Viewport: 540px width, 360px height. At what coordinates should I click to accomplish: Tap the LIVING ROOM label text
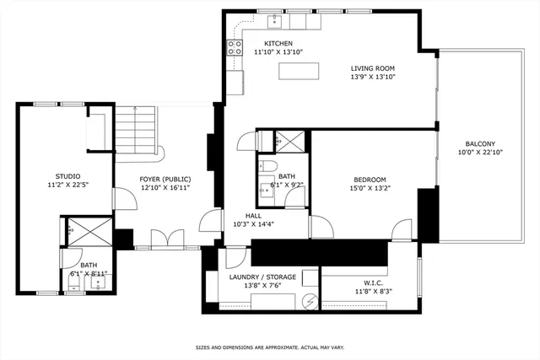coord(372,68)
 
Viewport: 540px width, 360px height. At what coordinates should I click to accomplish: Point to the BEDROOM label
coord(370,180)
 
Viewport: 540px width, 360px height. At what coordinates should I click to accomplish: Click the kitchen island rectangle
coord(300,71)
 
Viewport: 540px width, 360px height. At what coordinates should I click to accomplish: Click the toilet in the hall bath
coord(267,166)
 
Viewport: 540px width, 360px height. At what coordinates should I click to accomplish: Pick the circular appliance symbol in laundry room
coord(309,300)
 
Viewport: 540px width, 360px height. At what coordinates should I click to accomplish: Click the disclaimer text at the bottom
coord(270,347)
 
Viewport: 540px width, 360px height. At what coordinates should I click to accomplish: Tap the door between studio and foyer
coord(121,201)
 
